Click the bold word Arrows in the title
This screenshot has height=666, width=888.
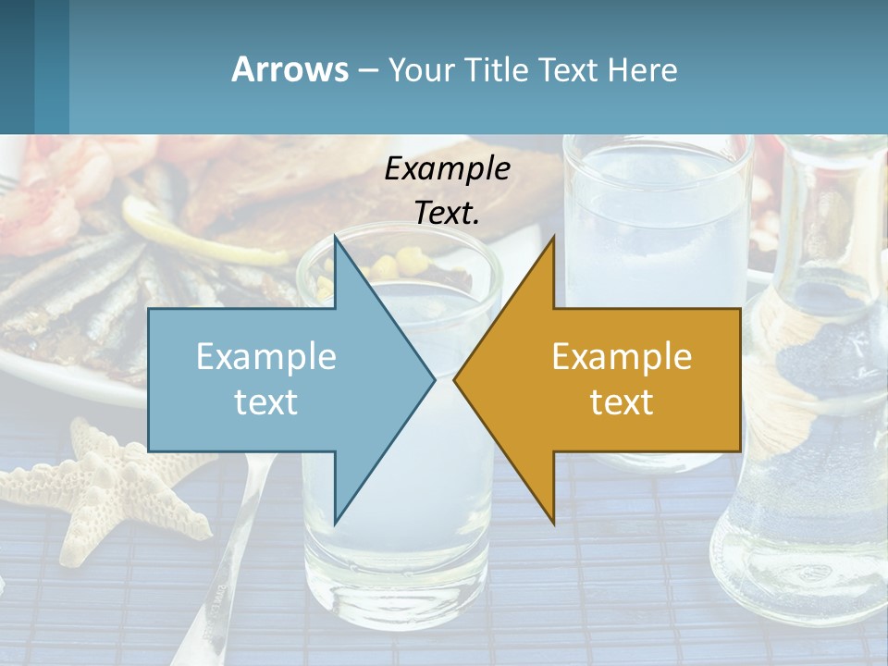pos(290,69)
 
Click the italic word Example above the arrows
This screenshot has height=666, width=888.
pos(447,169)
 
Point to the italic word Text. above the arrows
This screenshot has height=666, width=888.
pos(447,213)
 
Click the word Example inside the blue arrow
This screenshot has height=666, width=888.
pos(266,357)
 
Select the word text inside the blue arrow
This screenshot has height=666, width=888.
pos(266,402)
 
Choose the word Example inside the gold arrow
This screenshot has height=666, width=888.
pos(622,357)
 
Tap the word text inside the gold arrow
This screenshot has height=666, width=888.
pos(622,402)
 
